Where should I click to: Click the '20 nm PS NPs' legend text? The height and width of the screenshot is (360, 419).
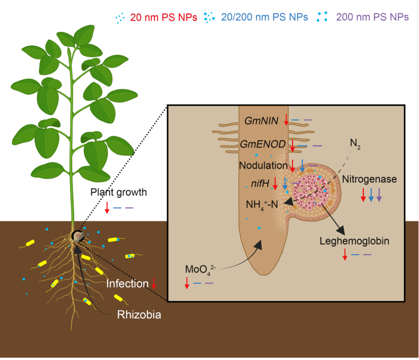(164, 17)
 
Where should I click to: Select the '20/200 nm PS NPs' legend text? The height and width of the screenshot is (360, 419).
(265, 17)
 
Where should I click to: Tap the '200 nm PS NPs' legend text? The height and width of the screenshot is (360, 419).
(372, 17)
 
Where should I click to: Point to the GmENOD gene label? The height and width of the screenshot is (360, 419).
(263, 144)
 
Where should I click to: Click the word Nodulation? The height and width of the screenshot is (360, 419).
(263, 165)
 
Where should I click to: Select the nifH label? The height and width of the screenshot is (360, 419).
(260, 184)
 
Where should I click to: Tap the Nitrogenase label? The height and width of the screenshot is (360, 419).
(369, 179)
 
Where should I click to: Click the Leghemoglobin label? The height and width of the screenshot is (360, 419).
(354, 241)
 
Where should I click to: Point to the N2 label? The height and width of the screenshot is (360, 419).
(355, 144)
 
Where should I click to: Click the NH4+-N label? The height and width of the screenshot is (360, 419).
(262, 205)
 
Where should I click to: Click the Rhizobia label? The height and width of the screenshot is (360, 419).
(139, 315)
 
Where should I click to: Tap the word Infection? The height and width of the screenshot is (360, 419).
(127, 284)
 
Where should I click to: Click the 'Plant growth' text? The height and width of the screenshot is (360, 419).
(118, 192)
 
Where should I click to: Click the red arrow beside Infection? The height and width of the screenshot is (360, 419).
(154, 283)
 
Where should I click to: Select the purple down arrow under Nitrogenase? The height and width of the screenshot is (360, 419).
(379, 195)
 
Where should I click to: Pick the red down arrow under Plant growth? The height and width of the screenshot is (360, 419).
(107, 207)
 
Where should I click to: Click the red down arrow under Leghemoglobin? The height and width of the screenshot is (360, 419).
(345, 254)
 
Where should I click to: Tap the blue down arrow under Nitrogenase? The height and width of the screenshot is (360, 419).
(371, 195)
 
